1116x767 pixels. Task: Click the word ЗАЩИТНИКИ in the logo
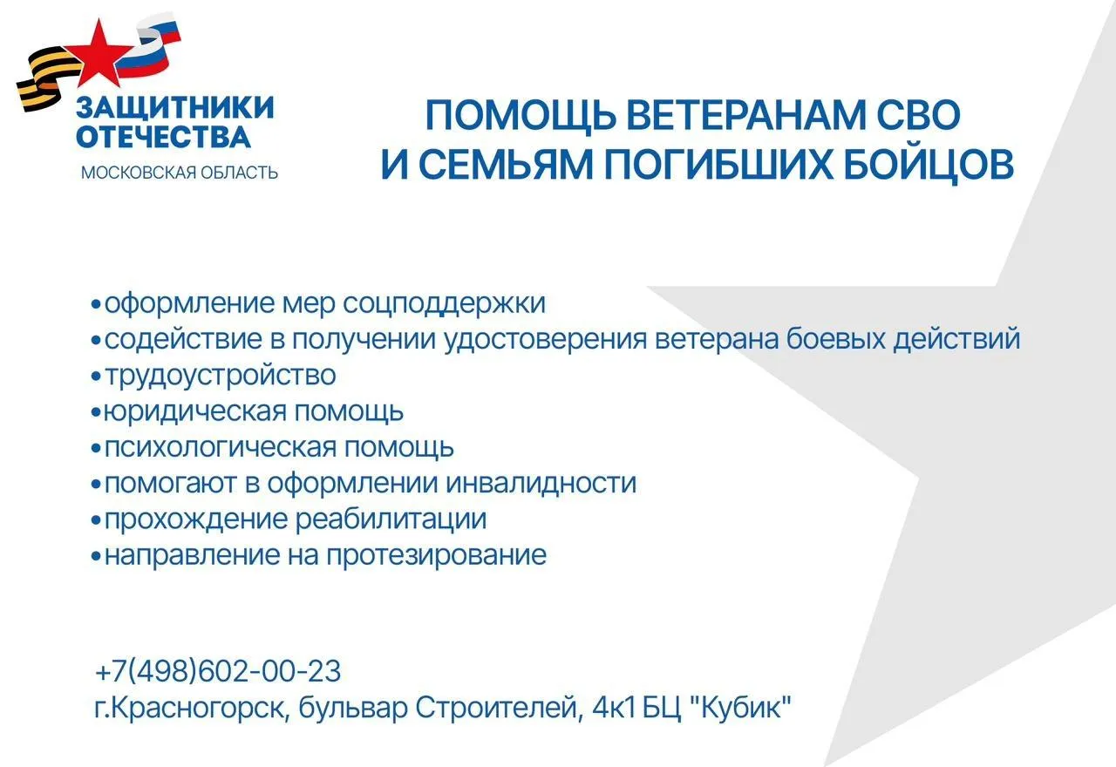point(175,108)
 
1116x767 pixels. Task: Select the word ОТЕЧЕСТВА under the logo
point(163,137)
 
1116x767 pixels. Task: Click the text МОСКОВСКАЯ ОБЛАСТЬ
point(180,173)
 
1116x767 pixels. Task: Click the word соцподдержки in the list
point(444,303)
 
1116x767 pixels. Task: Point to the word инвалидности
point(541,483)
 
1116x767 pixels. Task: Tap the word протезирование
point(436,555)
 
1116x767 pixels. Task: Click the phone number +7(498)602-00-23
point(218,672)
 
